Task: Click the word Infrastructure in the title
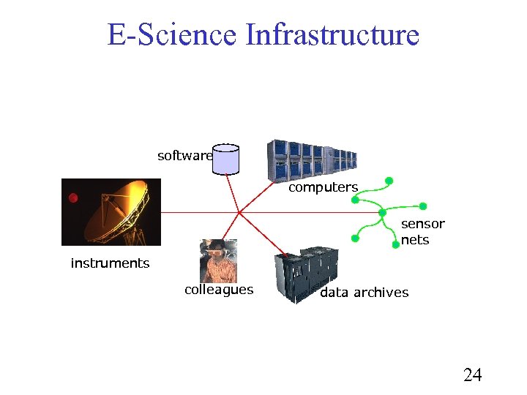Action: [332, 35]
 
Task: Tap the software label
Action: [184, 156]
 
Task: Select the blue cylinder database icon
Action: [226, 159]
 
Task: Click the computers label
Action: [323, 187]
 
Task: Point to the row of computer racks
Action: [311, 159]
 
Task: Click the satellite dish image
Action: [111, 211]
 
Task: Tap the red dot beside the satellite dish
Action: [73, 197]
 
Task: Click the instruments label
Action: [110, 263]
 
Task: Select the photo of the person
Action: [218, 260]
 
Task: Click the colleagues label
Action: [219, 290]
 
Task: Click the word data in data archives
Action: [334, 293]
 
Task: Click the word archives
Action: [381, 293]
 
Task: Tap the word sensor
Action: [422, 224]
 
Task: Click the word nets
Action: [415, 240]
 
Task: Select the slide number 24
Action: [473, 375]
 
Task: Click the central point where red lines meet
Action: [239, 212]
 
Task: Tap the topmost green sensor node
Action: [389, 180]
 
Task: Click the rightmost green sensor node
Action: [423, 206]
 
